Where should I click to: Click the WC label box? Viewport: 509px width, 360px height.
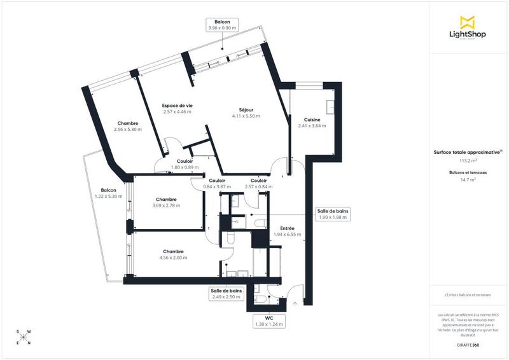(x=268, y=321)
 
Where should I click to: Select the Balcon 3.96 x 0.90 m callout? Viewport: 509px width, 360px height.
(x=221, y=25)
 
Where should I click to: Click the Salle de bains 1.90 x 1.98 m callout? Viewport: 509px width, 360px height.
(x=333, y=214)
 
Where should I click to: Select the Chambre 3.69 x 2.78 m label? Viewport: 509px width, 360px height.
(x=165, y=202)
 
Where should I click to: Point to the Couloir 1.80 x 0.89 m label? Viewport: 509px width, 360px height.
(x=185, y=164)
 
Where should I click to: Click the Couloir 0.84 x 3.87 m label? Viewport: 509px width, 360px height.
(x=217, y=183)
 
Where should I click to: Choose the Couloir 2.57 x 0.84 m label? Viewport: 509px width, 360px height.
(x=258, y=183)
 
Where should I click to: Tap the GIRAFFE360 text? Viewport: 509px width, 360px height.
(x=468, y=344)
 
